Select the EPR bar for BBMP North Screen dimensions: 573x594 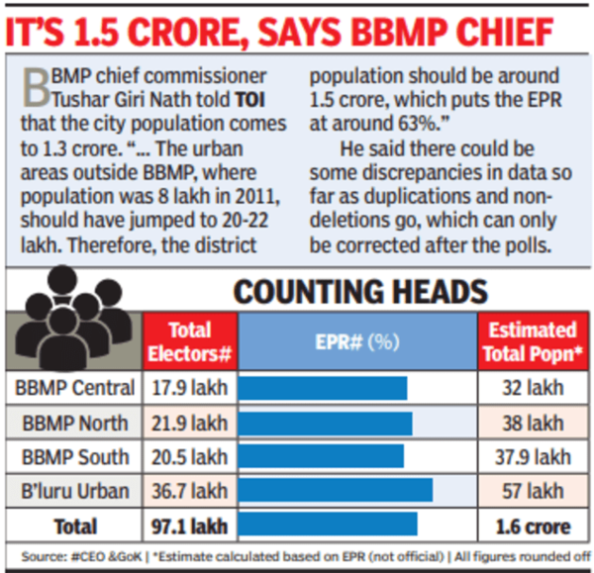coord(326,423)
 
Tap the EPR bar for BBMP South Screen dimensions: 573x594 coord(322,456)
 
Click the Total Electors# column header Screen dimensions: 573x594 coord(190,341)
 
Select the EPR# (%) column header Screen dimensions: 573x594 coord(357,341)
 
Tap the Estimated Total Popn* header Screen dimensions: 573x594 coord(532,341)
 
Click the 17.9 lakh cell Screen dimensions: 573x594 coord(190,388)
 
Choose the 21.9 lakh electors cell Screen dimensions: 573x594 coord(190,423)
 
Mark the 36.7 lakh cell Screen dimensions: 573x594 coord(190,490)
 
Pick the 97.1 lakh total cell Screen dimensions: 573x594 coord(190,525)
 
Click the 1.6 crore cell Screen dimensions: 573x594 coord(532,525)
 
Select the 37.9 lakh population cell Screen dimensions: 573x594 coord(532,456)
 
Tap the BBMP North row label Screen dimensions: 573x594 coord(76,423)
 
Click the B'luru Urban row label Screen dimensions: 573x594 coord(76,490)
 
